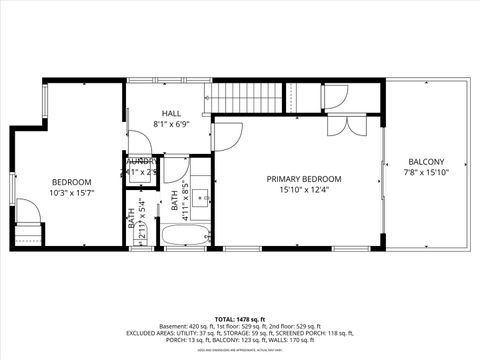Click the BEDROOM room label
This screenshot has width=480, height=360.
71,182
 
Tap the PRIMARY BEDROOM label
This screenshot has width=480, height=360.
303,179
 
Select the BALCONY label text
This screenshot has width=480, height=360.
426,162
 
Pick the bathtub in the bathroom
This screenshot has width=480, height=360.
187,237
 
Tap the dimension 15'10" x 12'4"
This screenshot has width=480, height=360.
303,190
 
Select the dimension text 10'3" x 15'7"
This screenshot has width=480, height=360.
71,193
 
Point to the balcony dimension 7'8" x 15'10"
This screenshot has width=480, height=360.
426,173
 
